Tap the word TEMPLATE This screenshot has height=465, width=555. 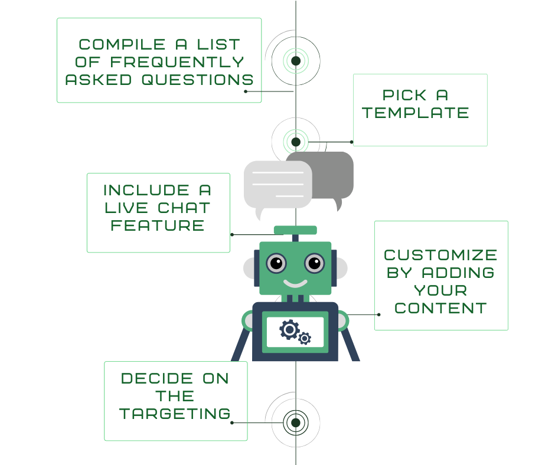click(x=416, y=113)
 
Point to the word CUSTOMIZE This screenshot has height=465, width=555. click(x=440, y=255)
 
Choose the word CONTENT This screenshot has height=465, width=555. click(x=440, y=308)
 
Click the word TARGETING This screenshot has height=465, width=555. click(x=175, y=414)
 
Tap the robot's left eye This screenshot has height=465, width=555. click(x=276, y=262)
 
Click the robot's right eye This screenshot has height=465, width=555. click(x=315, y=262)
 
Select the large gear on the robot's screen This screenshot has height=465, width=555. click(x=289, y=329)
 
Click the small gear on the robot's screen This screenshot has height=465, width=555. click(x=305, y=338)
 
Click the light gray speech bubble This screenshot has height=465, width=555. click(x=278, y=184)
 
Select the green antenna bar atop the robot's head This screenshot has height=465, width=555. click(x=295, y=230)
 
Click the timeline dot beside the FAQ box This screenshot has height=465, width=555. click(x=296, y=61)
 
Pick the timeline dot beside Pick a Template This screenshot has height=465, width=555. click(x=296, y=142)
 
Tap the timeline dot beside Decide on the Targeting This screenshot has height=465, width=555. click(x=296, y=422)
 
